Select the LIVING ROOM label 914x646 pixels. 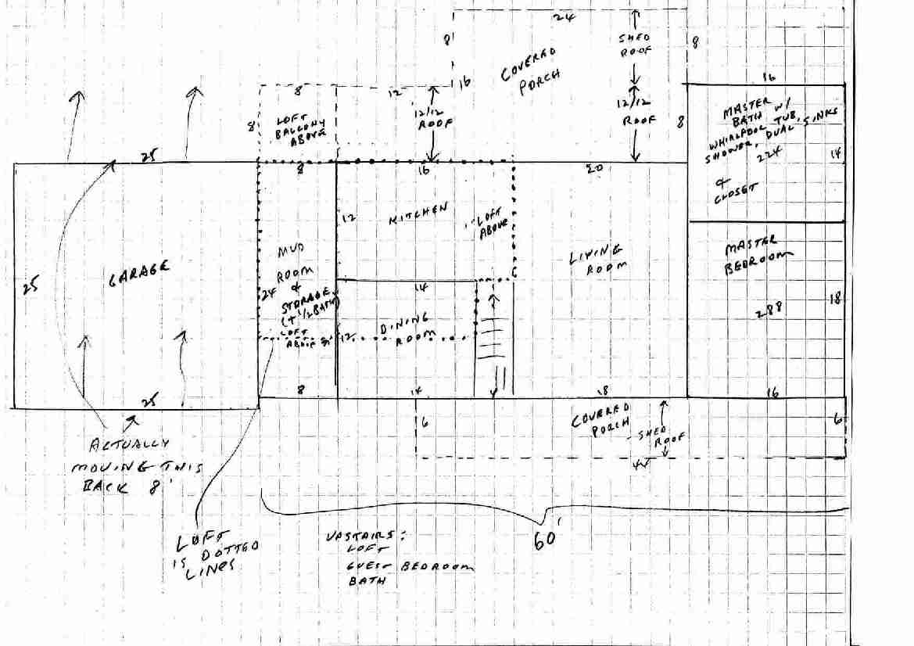tap(597, 257)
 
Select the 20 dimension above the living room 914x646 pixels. tap(593, 167)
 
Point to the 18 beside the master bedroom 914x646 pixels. tap(835, 298)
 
